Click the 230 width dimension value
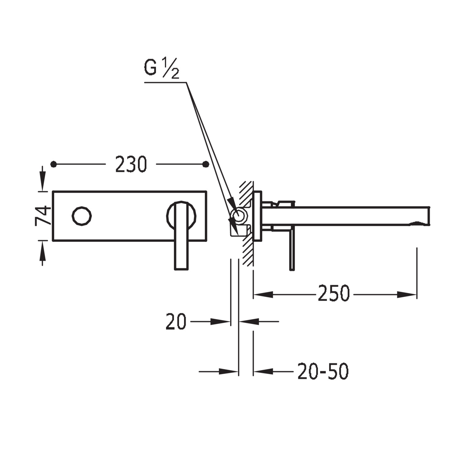pos(131,164)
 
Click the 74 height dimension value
pos(43,216)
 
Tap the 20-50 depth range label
pos(323,371)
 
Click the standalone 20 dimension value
pos(176,321)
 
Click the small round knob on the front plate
pos(82,216)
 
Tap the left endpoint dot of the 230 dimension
pos(54,164)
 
